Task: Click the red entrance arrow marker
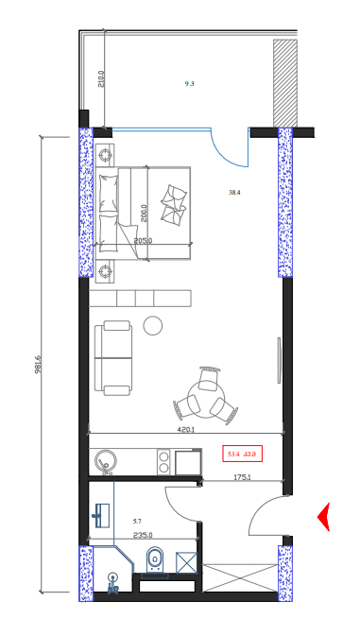(322, 516)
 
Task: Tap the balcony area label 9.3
(189, 84)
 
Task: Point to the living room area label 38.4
(234, 193)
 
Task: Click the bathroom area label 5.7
(137, 521)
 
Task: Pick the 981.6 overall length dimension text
(39, 365)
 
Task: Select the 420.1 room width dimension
(186, 430)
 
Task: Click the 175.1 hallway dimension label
(242, 477)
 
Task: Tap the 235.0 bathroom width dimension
(143, 536)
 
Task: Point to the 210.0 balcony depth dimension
(101, 77)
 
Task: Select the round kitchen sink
(105, 461)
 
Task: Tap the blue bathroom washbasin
(102, 515)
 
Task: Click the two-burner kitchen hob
(163, 461)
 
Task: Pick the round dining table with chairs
(206, 394)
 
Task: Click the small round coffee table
(152, 326)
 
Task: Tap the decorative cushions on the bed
(173, 201)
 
